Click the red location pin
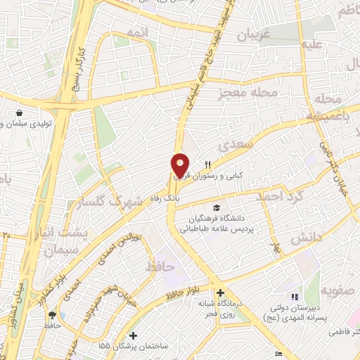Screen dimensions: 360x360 click(180, 166)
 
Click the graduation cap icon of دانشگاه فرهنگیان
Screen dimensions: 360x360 click(217, 208)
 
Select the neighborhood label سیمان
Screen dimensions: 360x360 click(58, 250)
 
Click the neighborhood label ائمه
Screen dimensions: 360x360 click(137, 32)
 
